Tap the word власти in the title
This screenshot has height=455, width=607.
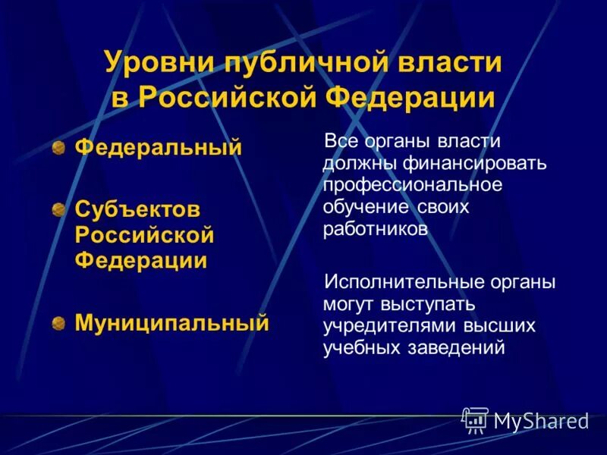(451, 63)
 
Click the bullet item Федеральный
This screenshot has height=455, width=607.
(158, 146)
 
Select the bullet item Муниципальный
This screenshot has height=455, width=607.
(171, 324)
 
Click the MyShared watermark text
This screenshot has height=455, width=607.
(541, 422)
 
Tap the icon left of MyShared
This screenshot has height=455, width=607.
(475, 420)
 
